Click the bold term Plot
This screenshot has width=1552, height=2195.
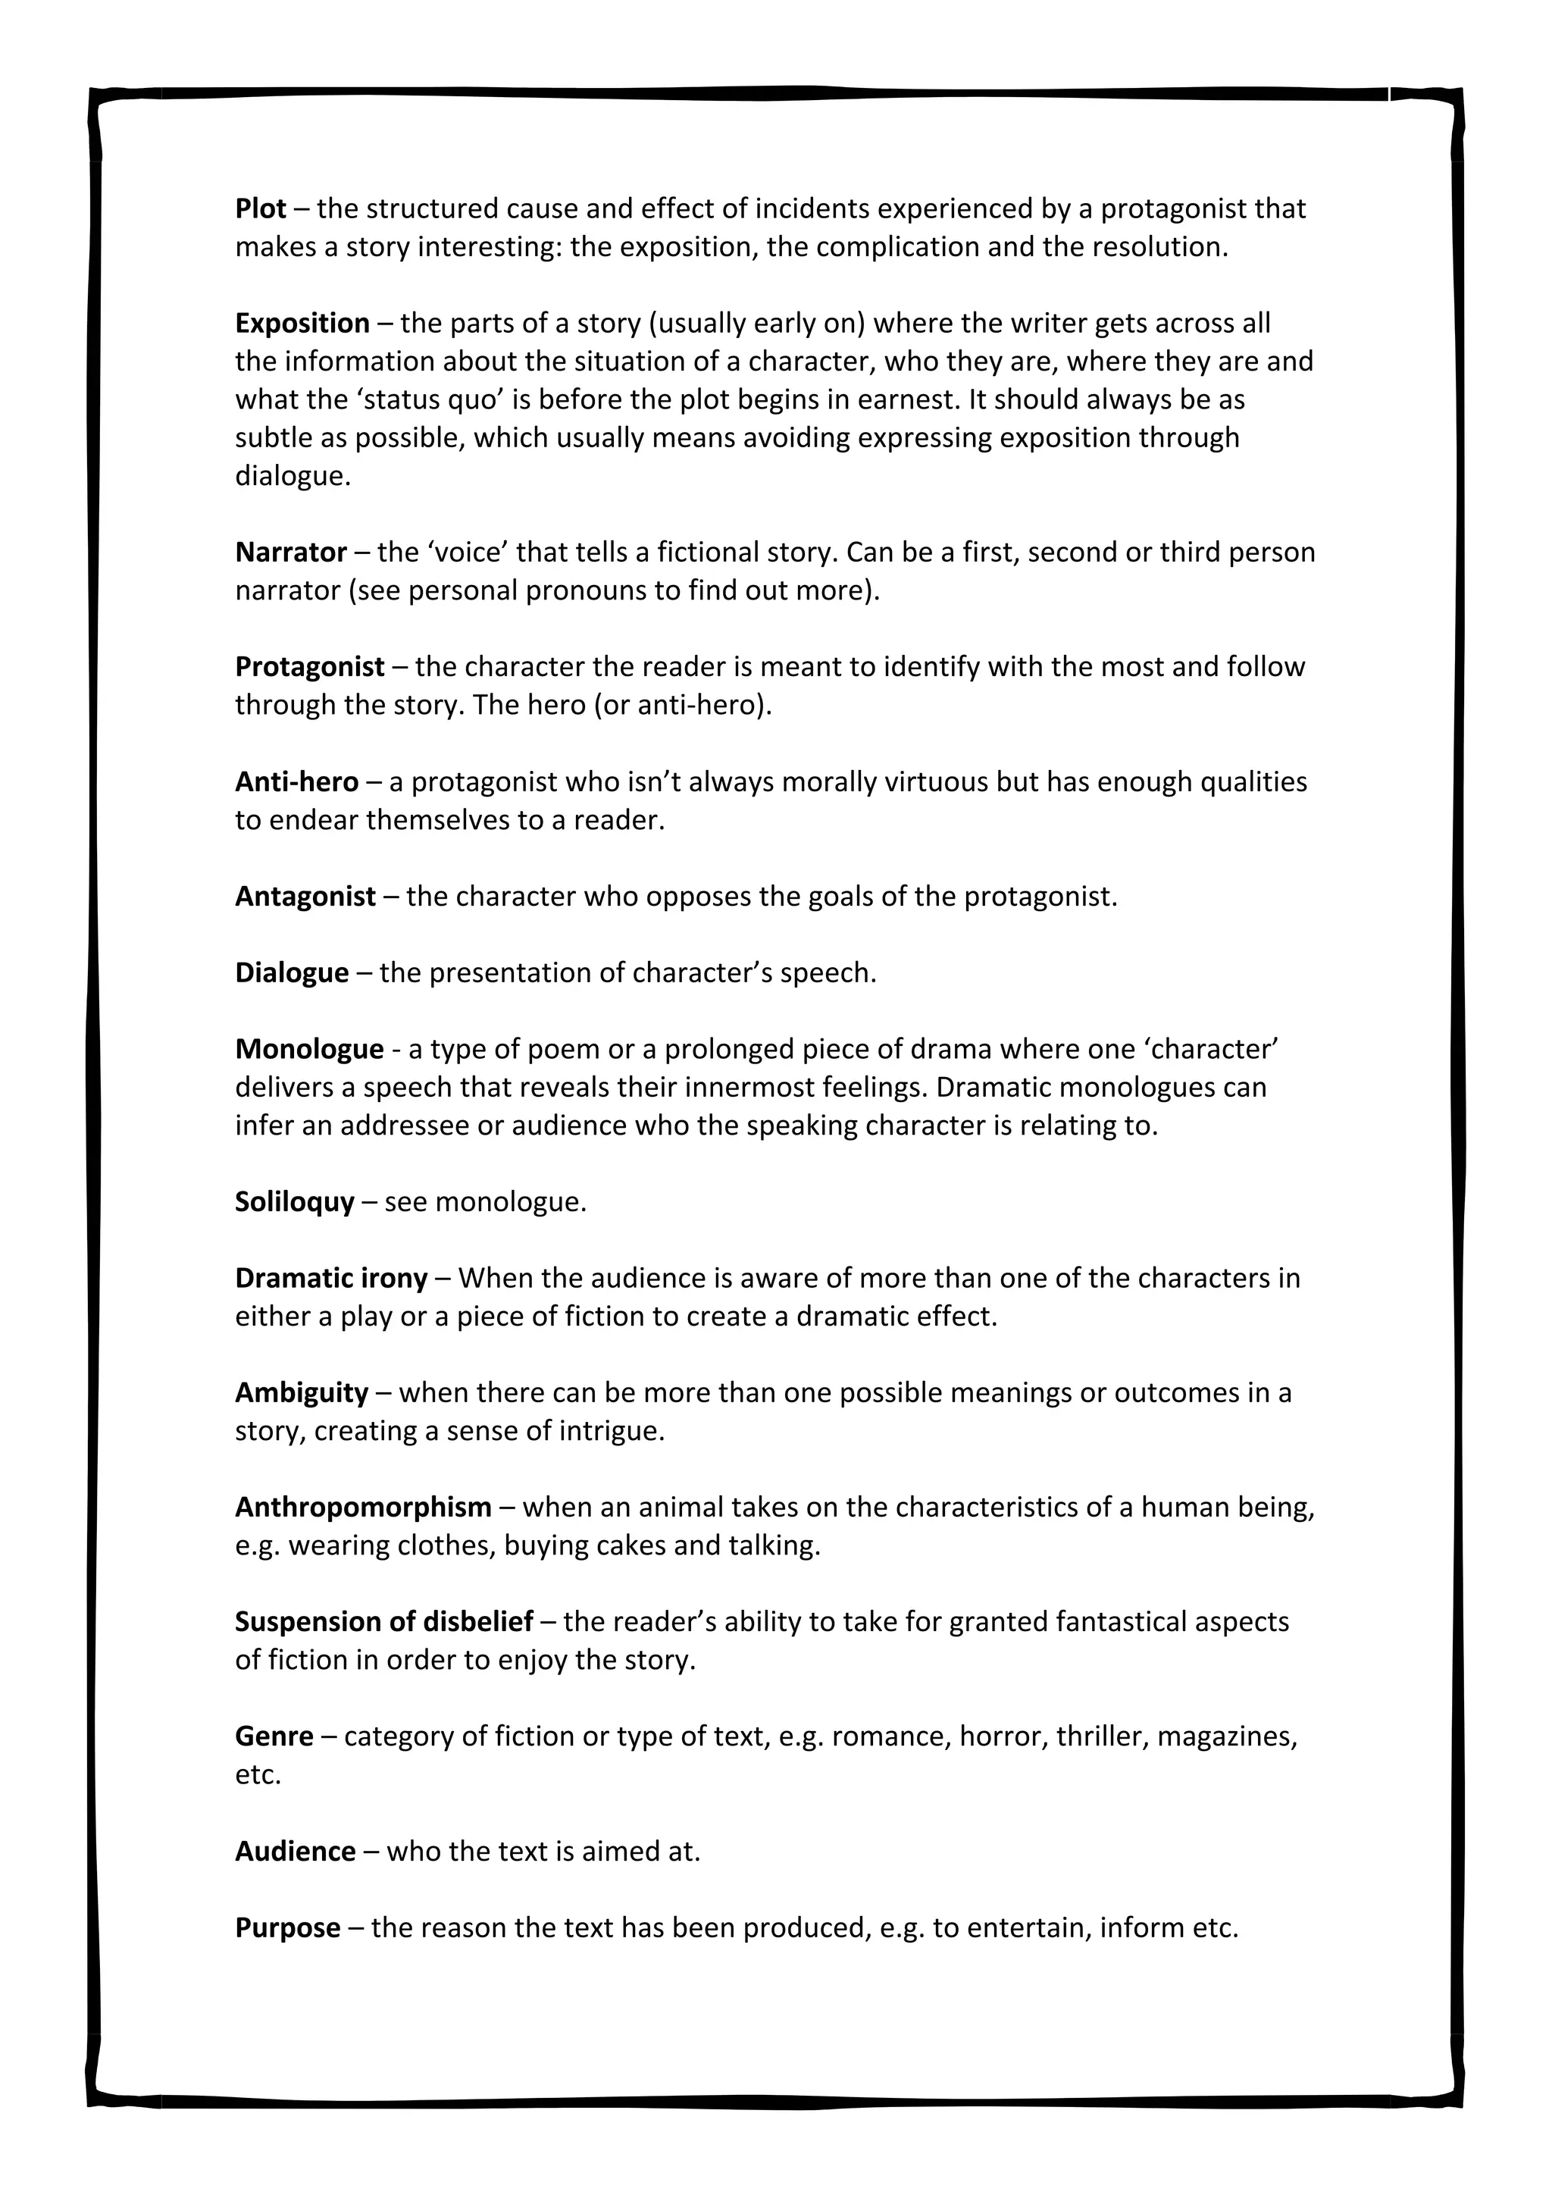point(260,208)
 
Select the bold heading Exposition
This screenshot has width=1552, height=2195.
point(302,323)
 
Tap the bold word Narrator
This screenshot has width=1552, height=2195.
point(290,553)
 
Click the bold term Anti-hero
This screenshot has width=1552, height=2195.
point(296,782)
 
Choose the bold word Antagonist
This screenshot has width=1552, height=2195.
point(305,897)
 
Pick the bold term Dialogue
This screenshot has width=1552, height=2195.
point(292,973)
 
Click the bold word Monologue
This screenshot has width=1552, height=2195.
point(308,1050)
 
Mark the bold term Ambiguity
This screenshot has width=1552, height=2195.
point(301,1393)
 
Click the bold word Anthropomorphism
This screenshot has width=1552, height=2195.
point(363,1508)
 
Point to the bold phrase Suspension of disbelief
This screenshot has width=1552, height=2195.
point(383,1622)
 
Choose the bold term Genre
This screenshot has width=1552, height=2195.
point(274,1737)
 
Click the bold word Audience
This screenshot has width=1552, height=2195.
point(296,1852)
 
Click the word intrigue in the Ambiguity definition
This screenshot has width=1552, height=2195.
point(608,1431)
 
